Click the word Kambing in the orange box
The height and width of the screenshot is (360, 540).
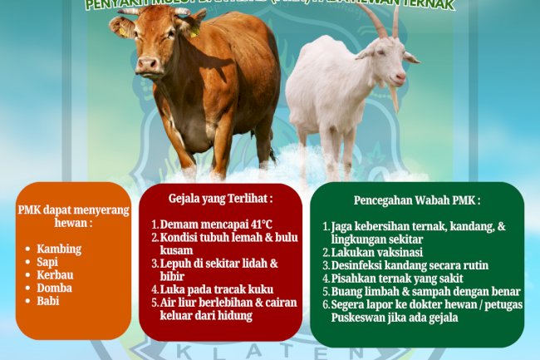click(x=59, y=249)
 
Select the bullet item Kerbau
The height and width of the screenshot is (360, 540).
click(x=55, y=275)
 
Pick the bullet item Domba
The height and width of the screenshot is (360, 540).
click(x=55, y=288)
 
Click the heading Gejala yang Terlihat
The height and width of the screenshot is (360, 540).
click(x=220, y=199)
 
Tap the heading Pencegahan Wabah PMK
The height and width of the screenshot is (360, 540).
click(x=416, y=200)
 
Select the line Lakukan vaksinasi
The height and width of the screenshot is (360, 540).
click(x=378, y=252)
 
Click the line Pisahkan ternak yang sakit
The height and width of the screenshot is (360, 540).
click(x=397, y=278)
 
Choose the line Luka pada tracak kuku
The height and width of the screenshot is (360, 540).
click(x=206, y=288)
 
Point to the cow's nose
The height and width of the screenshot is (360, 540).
click(x=149, y=64)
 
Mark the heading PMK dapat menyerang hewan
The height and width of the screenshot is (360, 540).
click(x=73, y=216)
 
